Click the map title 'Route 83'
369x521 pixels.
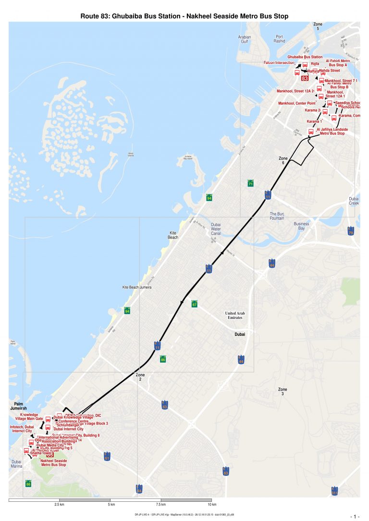coord(184,16)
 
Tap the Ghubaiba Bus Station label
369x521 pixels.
coord(305,57)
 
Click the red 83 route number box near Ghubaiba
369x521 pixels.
coord(305,78)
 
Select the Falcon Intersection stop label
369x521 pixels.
coord(279,63)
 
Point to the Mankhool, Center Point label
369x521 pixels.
coord(296,103)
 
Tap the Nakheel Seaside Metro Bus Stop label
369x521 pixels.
coord(53,463)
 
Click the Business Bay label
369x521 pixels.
coord(302,226)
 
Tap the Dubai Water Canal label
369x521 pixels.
coord(216,229)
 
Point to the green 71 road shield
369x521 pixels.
coord(250,184)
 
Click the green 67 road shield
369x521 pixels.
coord(195,304)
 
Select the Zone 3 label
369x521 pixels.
coord(283,391)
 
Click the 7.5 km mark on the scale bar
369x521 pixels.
coord(161,505)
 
